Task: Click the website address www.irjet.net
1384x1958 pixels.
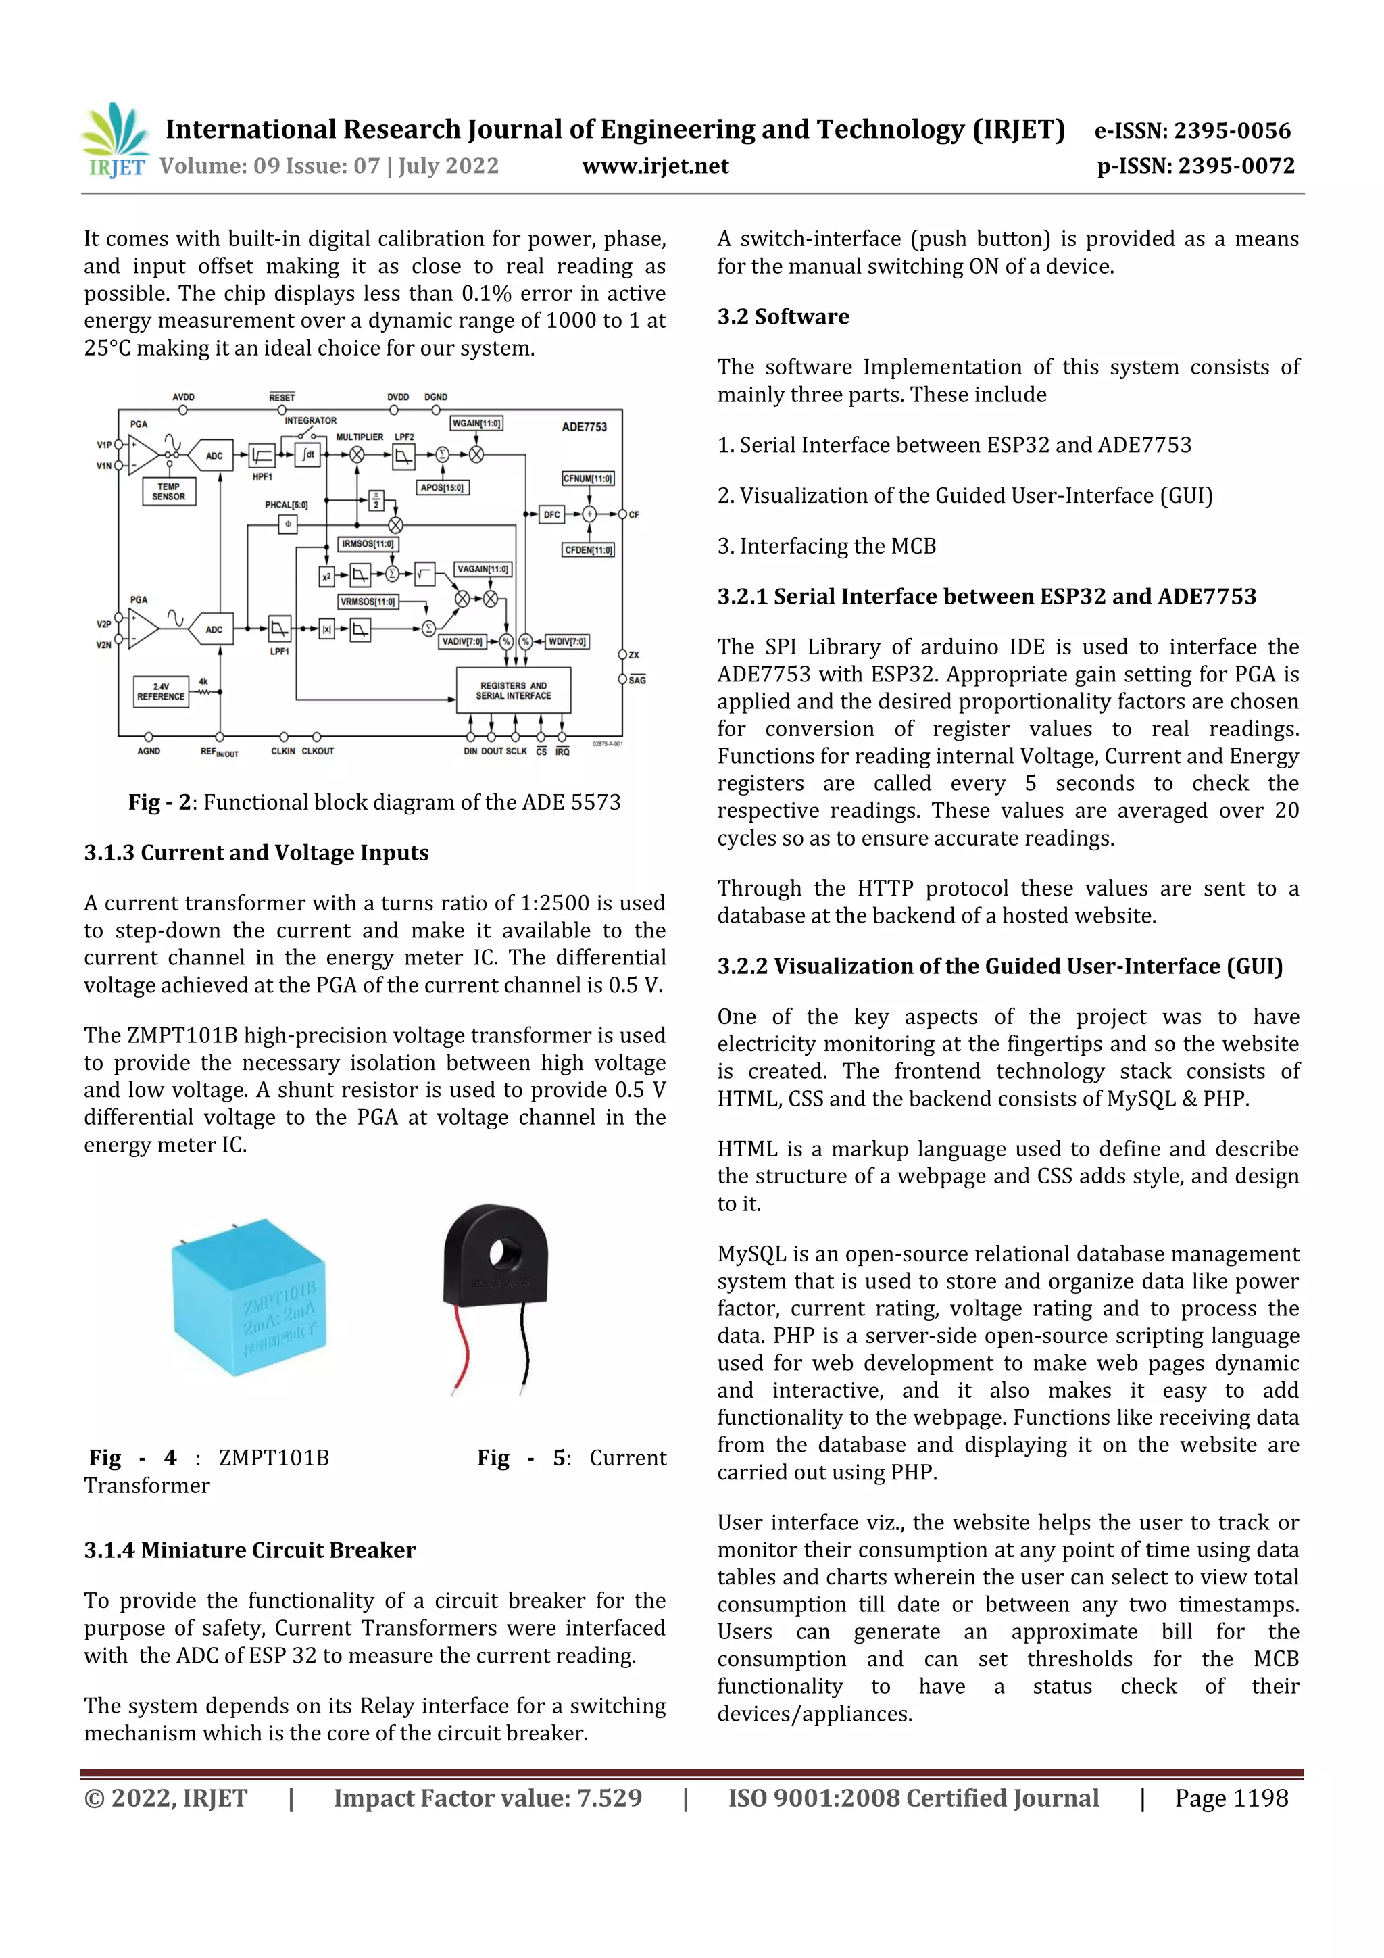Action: pos(655,166)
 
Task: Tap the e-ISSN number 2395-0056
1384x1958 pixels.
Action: pos(1231,130)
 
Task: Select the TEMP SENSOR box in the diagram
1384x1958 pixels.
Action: pos(169,492)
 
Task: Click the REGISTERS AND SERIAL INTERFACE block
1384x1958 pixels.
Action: pos(514,691)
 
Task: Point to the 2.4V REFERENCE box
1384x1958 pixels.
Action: pos(160,691)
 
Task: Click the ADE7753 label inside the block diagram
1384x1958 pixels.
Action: pos(584,426)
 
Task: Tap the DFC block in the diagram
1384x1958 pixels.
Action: pos(551,514)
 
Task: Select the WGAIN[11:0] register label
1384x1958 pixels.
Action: pos(476,423)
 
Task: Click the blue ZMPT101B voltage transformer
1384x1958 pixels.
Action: pos(248,1298)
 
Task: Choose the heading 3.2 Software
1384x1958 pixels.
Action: pos(783,316)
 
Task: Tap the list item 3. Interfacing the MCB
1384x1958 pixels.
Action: pos(826,546)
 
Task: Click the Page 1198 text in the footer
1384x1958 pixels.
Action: pos(1231,1798)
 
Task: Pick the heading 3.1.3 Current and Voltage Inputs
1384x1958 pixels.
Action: pos(256,853)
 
